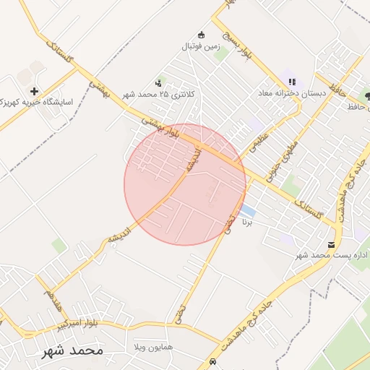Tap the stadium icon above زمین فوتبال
point(201,35)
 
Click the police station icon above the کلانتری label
point(158,83)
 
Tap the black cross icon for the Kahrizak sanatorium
point(35,91)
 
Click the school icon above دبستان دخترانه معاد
point(293,82)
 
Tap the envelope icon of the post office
point(332,245)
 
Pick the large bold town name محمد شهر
point(72,350)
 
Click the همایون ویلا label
point(152,348)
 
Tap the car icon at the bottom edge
point(212,361)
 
